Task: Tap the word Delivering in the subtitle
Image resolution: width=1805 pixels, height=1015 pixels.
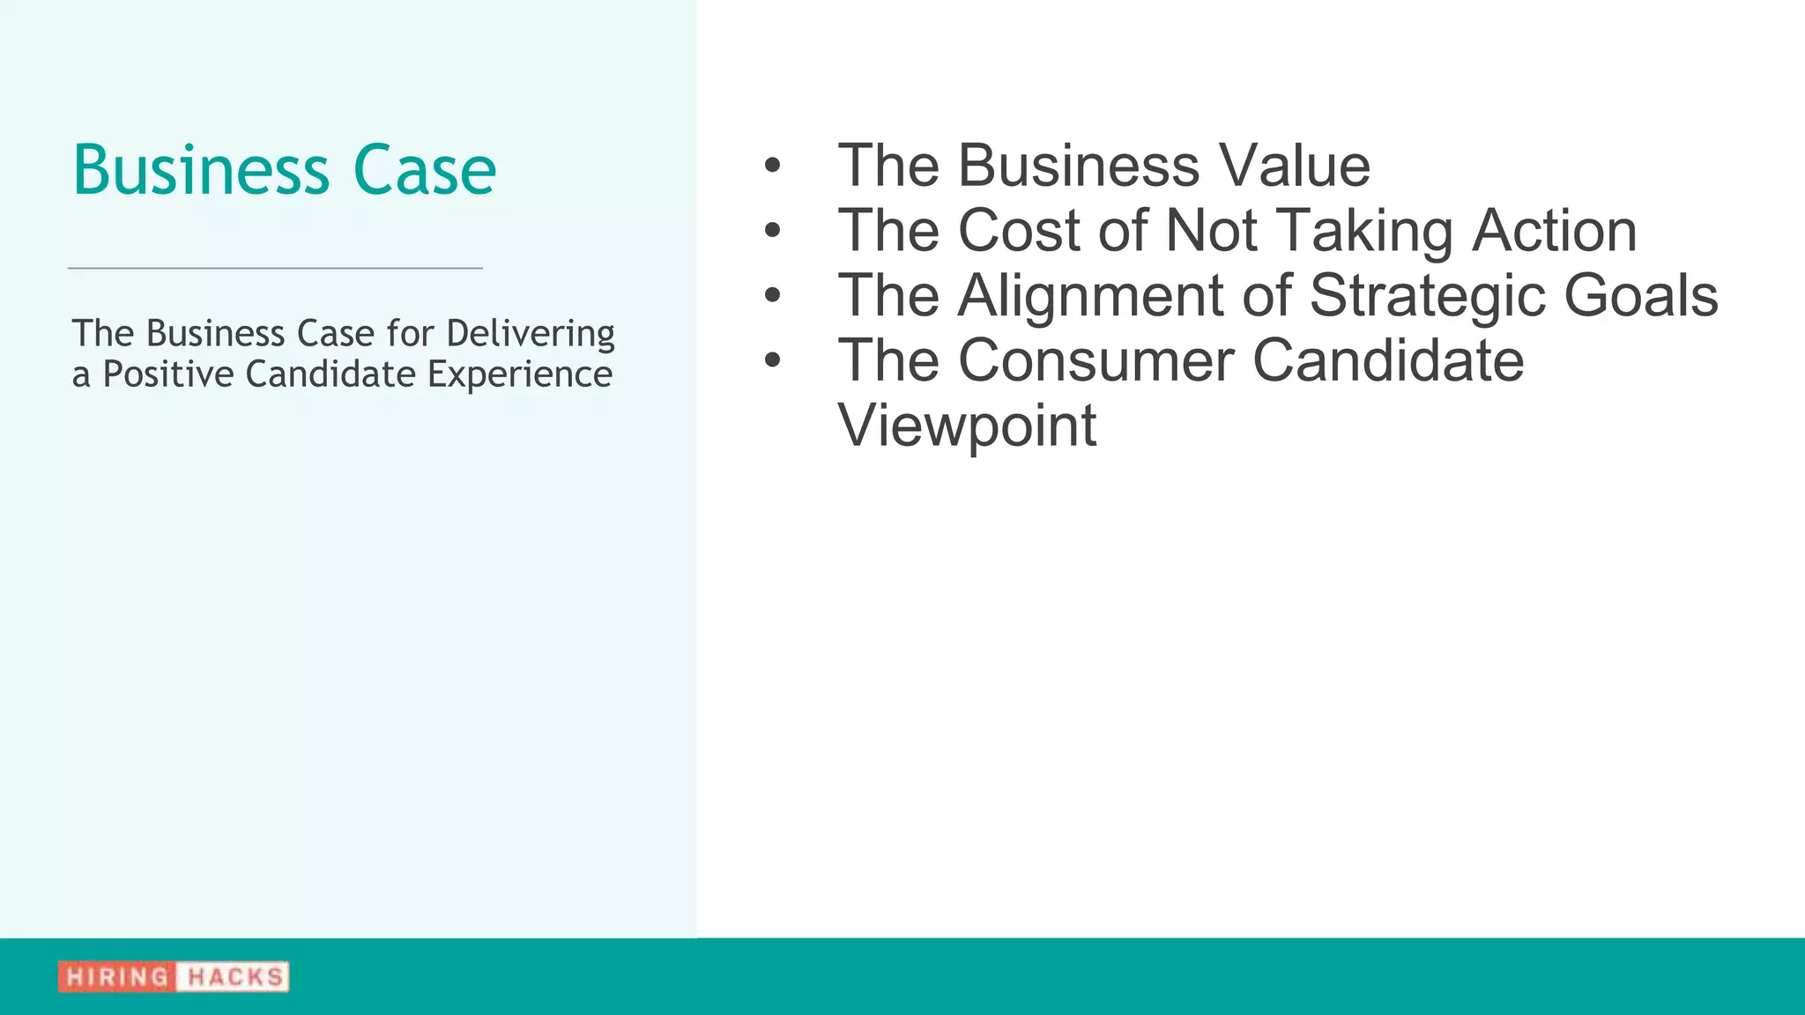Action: pos(530,335)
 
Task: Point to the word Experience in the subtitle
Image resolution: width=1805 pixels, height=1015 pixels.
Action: pos(519,375)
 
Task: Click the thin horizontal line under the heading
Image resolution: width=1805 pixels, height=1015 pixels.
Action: pos(275,268)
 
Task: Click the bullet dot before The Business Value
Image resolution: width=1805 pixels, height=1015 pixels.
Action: pos(773,166)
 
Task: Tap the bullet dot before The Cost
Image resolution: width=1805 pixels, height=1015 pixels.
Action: pos(773,231)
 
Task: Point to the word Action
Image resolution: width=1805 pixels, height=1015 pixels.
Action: pos(1555,231)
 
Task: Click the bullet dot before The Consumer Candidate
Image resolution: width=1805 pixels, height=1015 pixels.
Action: pos(773,360)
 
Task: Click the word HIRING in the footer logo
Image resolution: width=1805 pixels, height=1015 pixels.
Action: pos(117,977)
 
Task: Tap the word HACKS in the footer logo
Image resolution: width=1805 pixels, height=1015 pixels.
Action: pos(234,977)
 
